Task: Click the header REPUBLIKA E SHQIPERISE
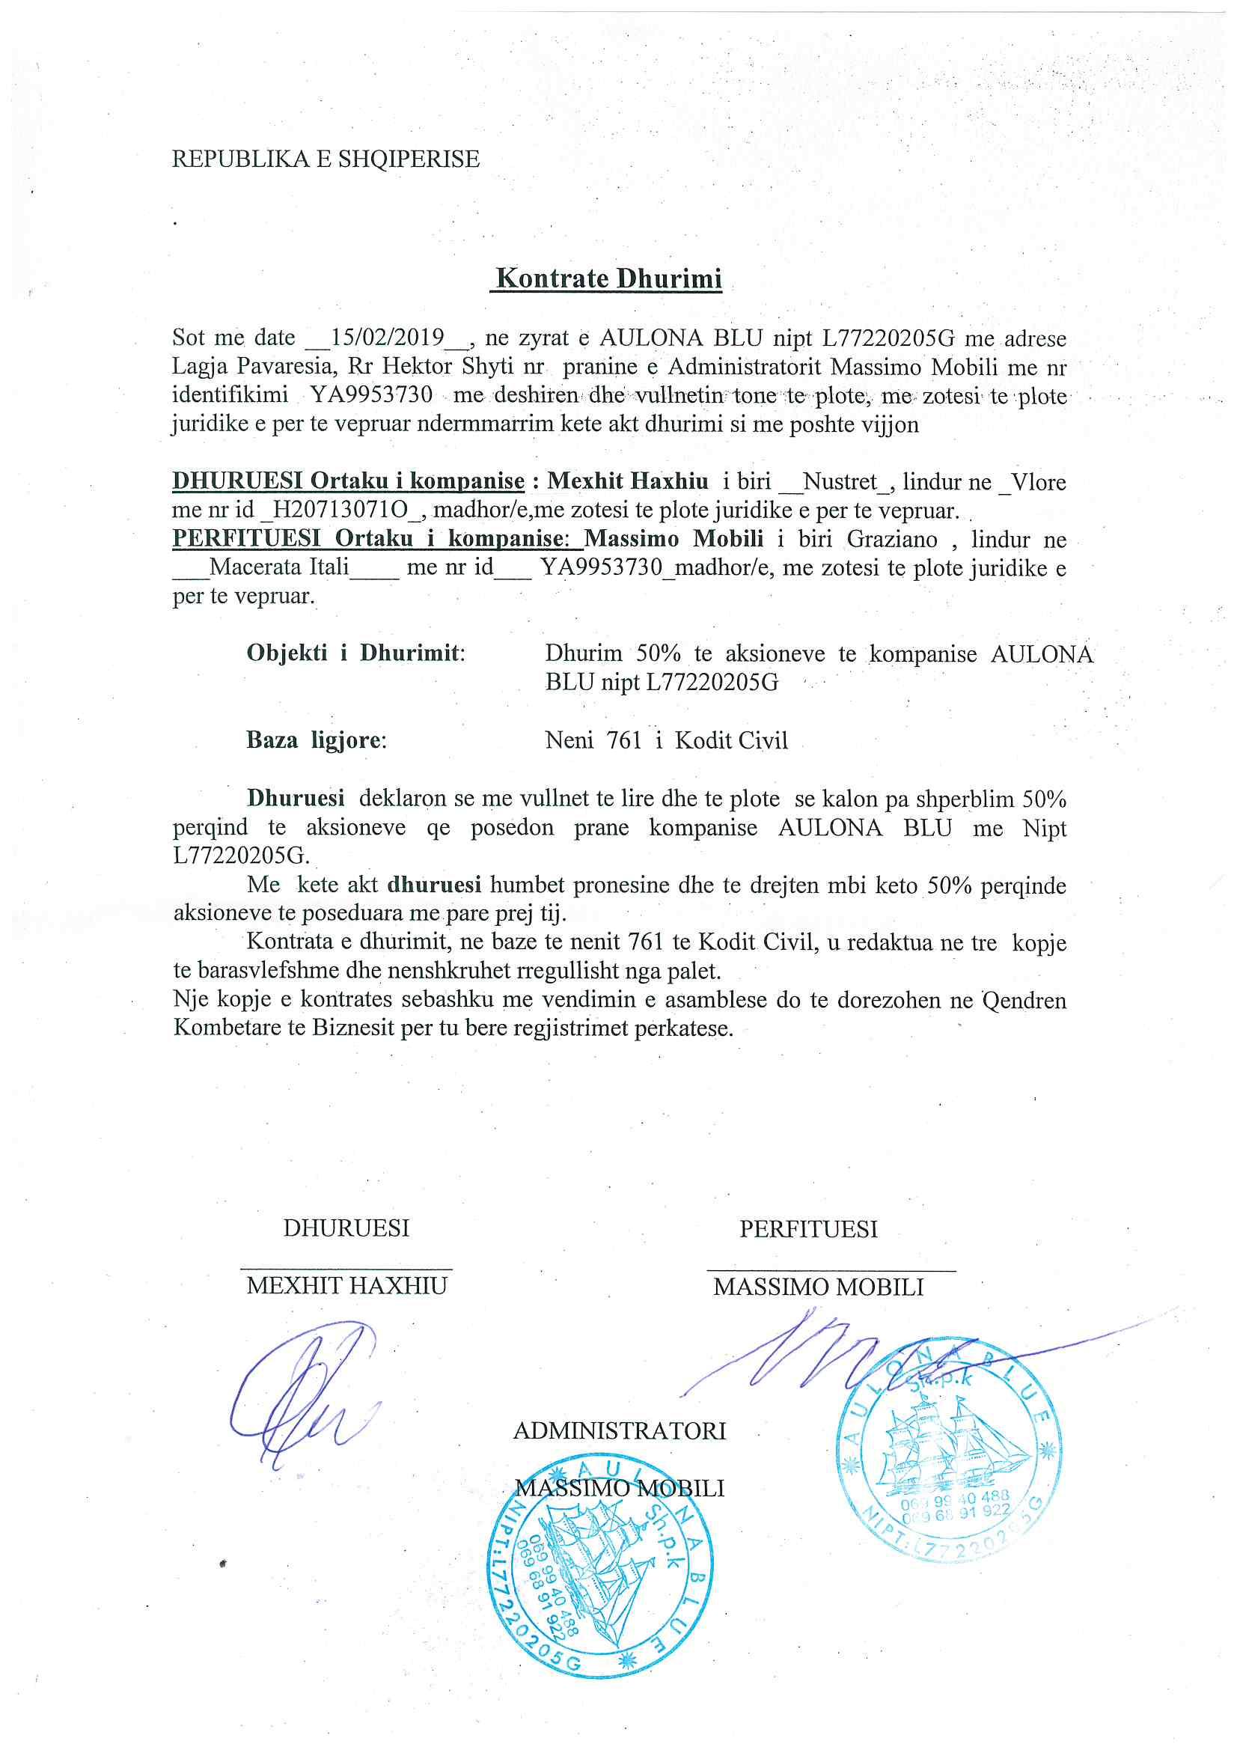click(326, 159)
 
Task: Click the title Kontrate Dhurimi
click(608, 278)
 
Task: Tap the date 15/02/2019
click(388, 338)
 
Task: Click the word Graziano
click(893, 539)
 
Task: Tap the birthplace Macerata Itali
click(279, 568)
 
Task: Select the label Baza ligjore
click(317, 740)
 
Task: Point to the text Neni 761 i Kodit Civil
click(666, 740)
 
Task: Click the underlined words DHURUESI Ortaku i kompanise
click(348, 482)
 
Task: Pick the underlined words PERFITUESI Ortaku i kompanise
click(377, 539)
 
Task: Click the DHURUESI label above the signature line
click(346, 1228)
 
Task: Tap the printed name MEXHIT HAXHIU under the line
click(346, 1287)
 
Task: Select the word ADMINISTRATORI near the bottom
click(619, 1430)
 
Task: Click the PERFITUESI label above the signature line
click(808, 1228)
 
